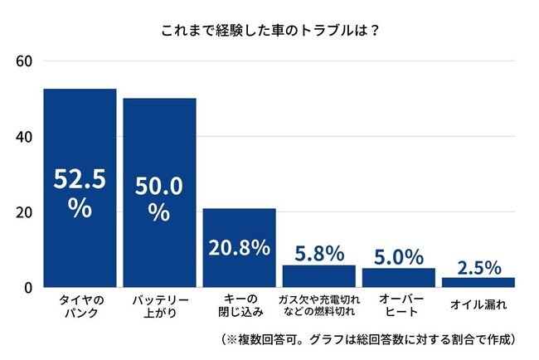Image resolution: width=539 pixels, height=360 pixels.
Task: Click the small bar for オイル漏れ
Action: click(x=478, y=282)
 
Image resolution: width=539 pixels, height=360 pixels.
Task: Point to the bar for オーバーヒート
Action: click(x=399, y=278)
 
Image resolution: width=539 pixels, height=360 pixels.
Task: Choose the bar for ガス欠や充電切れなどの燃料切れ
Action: click(x=319, y=276)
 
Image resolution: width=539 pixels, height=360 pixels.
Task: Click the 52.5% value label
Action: click(x=80, y=192)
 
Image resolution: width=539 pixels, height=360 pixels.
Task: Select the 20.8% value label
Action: click(x=239, y=247)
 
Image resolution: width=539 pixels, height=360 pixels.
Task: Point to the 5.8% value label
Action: click(x=319, y=254)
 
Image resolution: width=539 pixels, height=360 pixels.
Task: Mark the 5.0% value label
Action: click(x=399, y=257)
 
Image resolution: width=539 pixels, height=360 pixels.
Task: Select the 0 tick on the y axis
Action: click(x=27, y=287)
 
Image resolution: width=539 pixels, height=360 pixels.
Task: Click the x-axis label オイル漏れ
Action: click(x=478, y=304)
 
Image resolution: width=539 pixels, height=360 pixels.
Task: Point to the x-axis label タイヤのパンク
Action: click(x=80, y=305)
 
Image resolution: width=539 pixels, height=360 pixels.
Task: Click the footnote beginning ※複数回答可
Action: click(x=370, y=340)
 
